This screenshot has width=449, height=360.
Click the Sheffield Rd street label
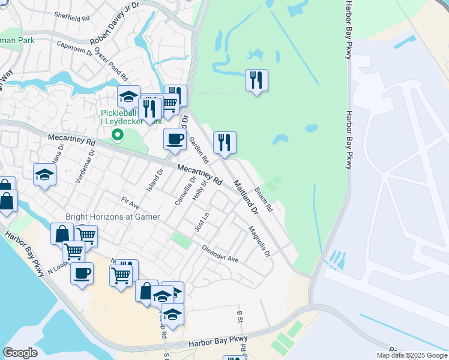click(73, 18)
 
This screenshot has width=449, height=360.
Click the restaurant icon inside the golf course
click(256, 80)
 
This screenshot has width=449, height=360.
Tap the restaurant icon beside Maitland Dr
click(224, 142)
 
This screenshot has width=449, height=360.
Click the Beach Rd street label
click(264, 199)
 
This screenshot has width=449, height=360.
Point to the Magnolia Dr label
click(259, 241)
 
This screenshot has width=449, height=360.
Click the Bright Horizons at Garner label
click(112, 217)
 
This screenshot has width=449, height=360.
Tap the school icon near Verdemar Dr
click(44, 175)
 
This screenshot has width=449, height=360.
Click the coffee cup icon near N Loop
click(82, 273)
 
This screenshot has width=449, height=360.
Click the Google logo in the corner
click(20, 353)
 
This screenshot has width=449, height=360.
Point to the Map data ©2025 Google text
click(412, 355)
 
